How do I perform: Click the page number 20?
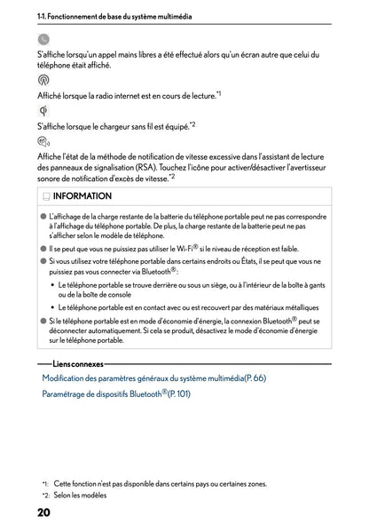click(x=43, y=512)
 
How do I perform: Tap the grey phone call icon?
click(x=43, y=39)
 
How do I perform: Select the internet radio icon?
click(x=43, y=79)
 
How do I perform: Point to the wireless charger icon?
click(x=43, y=110)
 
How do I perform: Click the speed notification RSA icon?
click(x=44, y=141)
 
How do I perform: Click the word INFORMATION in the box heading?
click(x=82, y=196)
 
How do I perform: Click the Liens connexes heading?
click(x=78, y=364)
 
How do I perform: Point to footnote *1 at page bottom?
click(x=45, y=484)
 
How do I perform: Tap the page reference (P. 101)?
click(x=178, y=393)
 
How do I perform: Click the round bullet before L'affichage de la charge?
click(x=43, y=216)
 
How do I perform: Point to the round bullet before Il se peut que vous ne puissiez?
click(x=43, y=250)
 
